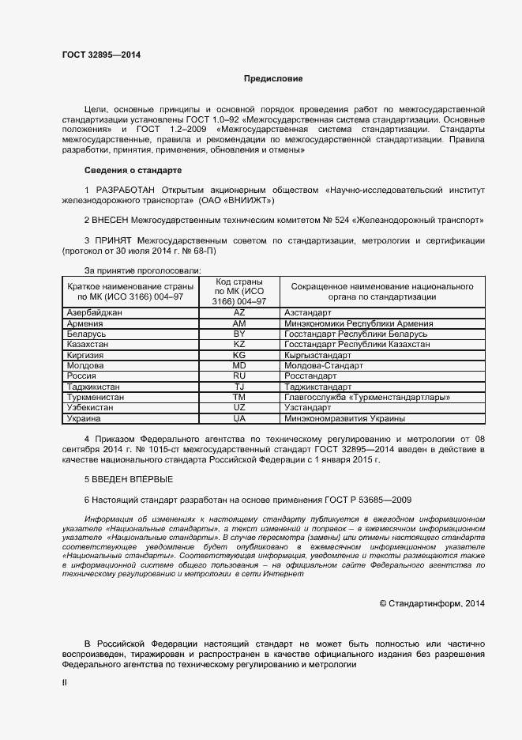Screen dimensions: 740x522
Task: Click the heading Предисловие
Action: [272, 79]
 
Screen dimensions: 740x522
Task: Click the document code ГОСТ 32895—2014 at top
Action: [102, 55]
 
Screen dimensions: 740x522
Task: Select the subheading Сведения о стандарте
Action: [133, 170]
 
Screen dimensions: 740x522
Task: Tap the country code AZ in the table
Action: [240, 314]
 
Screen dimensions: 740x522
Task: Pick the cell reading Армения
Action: [85, 324]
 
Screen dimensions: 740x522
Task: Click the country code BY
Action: [240, 334]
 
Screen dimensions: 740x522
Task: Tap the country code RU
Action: [240, 376]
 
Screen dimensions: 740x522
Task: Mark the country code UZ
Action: [240, 407]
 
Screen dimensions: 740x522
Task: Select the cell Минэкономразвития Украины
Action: [344, 417]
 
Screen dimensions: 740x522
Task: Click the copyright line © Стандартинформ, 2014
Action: [431, 603]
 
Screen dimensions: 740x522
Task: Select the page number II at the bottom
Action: [65, 681]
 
